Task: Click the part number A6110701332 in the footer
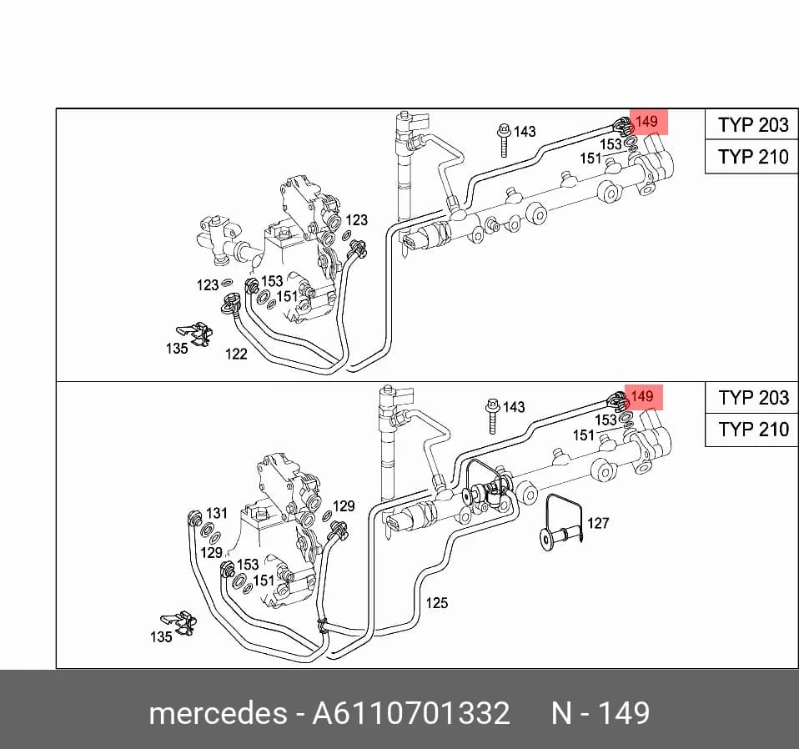point(410,712)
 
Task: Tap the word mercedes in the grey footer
point(218,712)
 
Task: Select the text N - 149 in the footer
point(601,712)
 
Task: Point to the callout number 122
point(236,354)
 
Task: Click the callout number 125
point(437,603)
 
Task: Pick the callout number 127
point(598,523)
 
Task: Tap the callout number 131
point(217,513)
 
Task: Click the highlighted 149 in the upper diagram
point(648,122)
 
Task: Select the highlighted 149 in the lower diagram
point(643,396)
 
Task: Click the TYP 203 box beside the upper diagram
point(752,124)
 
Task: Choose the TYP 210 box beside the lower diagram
point(752,430)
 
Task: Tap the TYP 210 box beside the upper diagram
point(752,157)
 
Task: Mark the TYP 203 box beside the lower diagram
point(752,397)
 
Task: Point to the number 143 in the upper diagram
point(525,132)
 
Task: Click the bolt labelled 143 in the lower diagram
point(492,416)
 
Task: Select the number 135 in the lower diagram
point(161,637)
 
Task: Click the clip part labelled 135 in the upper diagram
point(196,334)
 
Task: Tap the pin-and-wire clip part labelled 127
point(561,525)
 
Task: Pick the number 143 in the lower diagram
point(514,407)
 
